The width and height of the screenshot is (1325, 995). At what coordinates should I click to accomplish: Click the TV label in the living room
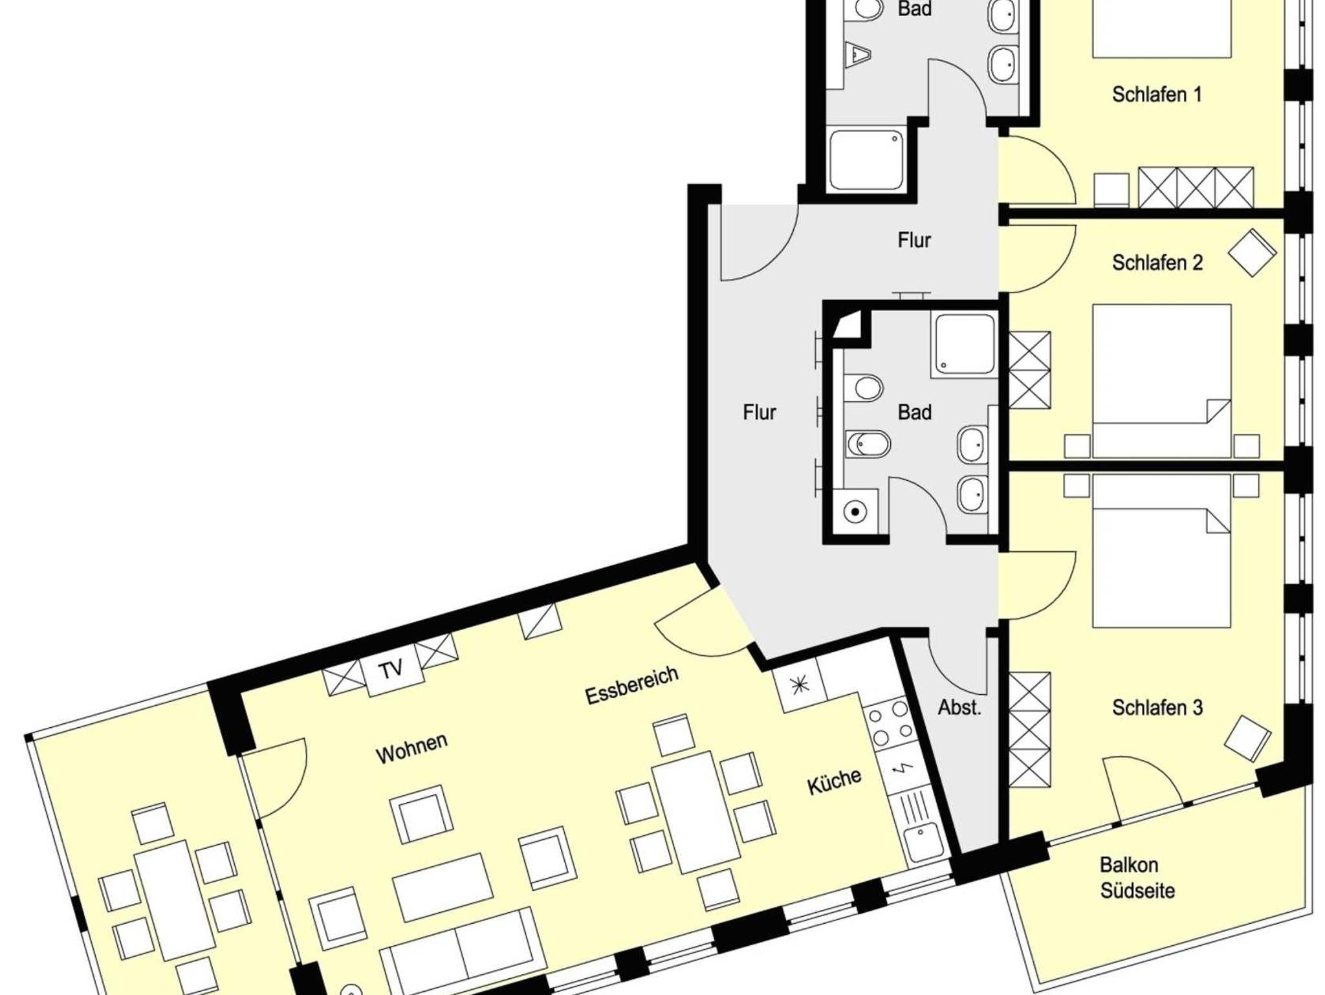point(391,669)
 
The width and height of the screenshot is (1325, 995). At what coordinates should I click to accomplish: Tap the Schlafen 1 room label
point(1157,94)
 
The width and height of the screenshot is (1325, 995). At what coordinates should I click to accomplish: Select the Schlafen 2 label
point(1157,262)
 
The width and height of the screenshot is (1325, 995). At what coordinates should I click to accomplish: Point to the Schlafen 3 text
point(1157,707)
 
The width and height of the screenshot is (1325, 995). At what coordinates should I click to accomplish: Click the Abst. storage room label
point(959,707)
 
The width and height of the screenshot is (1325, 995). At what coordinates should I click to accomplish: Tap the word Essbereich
point(631,685)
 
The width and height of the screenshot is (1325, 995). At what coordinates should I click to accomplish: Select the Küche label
point(835,782)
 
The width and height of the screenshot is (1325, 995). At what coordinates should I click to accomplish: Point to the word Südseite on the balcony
point(1137,891)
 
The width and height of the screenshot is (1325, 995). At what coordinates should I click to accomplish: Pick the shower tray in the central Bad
point(963,344)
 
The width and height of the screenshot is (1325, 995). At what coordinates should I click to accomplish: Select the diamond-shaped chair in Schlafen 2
point(1252,252)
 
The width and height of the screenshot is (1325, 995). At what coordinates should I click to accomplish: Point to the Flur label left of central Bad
point(759,412)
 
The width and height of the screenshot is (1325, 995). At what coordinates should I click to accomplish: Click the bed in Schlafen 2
point(1161,381)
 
